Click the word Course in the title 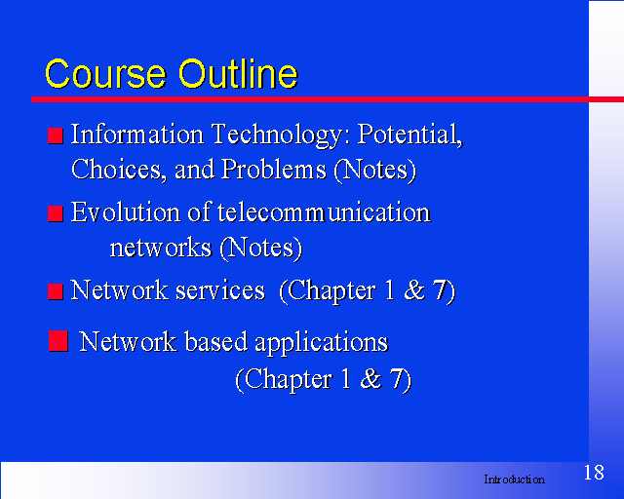click(105, 74)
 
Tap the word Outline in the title click(238, 73)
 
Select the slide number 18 click(594, 473)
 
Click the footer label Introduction click(514, 480)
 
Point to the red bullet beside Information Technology click(56, 135)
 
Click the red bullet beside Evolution click(56, 213)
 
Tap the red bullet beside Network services click(56, 291)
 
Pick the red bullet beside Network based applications click(58, 341)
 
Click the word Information click(137, 134)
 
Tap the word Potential click(410, 134)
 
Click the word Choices click(117, 170)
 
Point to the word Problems click(274, 170)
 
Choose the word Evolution click(126, 211)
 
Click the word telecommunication click(324, 211)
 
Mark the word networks click(161, 248)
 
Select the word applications click(321, 342)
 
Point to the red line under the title click(328, 99)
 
